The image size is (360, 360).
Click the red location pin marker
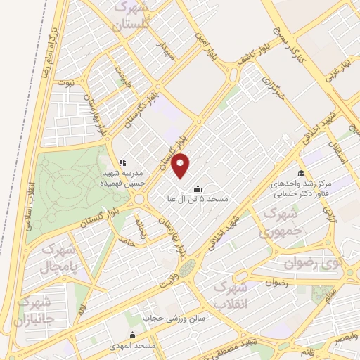181,165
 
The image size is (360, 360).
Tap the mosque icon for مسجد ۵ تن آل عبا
197,188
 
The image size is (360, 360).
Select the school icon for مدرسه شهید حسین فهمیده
122,162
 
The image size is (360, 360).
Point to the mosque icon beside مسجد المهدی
132,335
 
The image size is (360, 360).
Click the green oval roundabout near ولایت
186,268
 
